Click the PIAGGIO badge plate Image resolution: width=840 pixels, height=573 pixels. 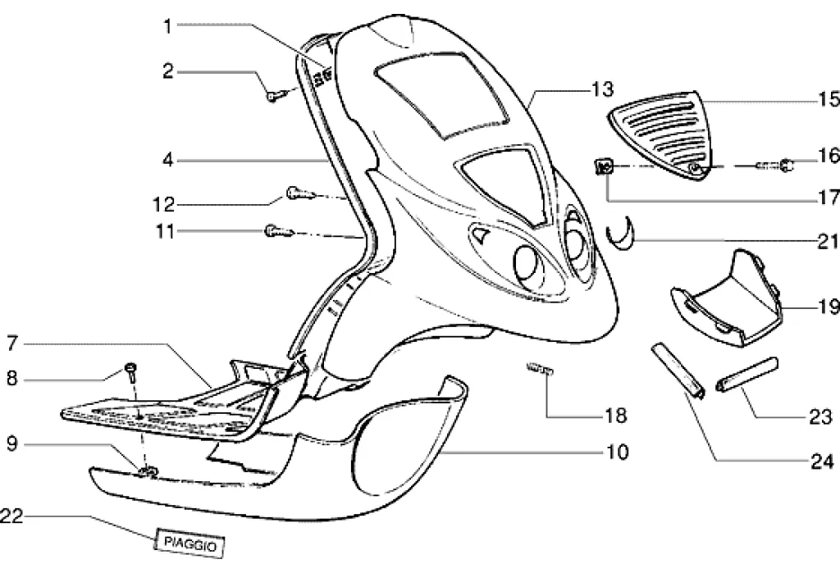coord(189,543)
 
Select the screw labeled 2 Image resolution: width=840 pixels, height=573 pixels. coord(274,96)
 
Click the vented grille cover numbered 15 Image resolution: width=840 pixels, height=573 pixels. coord(664,134)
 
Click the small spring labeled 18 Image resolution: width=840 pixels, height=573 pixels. coord(539,371)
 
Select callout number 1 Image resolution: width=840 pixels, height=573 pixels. coord(167,27)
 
